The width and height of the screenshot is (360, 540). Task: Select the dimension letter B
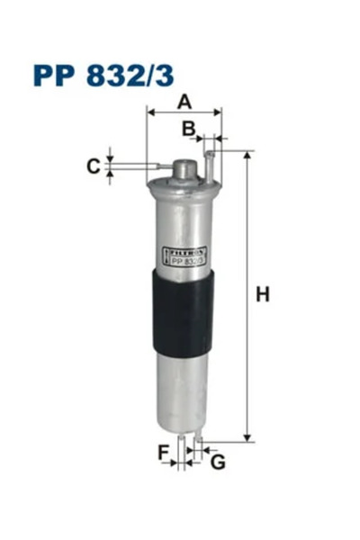point(188,129)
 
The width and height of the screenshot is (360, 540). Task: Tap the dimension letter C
point(92,166)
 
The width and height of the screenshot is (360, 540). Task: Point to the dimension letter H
point(263,294)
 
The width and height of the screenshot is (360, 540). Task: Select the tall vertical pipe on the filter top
point(209,165)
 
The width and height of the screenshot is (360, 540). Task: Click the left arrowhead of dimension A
point(150,112)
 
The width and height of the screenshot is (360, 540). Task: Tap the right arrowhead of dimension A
point(218,112)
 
